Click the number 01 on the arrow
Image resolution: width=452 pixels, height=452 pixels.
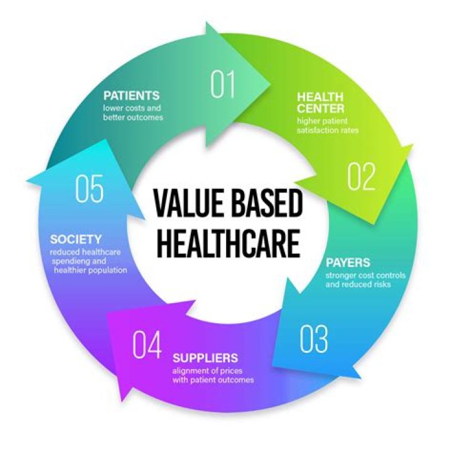(x=222, y=85)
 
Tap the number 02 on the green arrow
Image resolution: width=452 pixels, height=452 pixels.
(x=361, y=176)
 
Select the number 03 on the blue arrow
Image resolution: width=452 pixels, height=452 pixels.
(x=314, y=339)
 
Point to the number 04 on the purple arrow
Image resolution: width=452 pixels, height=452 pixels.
(x=147, y=345)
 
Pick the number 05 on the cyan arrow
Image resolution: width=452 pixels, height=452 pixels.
(x=89, y=188)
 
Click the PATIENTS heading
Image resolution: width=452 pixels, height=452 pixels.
(x=131, y=95)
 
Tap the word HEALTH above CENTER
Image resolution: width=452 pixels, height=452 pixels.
(x=320, y=97)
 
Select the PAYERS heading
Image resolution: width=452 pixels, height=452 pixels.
(x=348, y=262)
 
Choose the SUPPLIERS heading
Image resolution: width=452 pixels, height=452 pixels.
(x=205, y=358)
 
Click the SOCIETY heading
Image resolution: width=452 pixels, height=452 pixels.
(x=76, y=239)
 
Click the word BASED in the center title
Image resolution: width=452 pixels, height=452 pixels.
(x=267, y=203)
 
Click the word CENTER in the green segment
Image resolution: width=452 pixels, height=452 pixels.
(x=321, y=109)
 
